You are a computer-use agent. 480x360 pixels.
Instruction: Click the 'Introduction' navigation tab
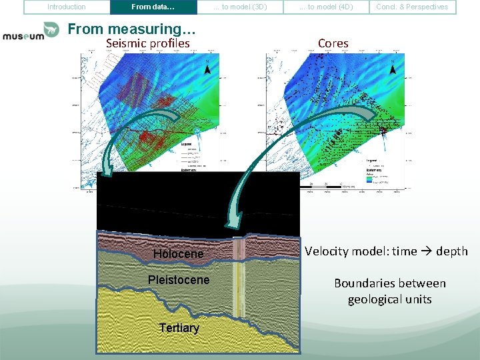point(67,7)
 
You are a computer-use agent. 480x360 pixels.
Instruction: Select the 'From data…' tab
point(153,7)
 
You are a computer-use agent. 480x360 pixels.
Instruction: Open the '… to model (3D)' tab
point(240,7)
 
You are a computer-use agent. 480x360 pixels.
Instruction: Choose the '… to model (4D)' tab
point(326,7)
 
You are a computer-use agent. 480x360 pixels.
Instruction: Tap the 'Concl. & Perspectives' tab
point(412,7)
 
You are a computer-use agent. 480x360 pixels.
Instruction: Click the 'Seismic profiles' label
point(148,43)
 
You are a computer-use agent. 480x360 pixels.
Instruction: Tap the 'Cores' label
point(333,43)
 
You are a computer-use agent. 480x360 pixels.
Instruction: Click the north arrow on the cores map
point(393,68)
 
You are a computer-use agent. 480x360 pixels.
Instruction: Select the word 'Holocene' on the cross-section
point(178,254)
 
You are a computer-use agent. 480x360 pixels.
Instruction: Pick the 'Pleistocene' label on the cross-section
point(178,280)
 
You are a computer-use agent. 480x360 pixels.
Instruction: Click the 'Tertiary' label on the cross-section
point(179,328)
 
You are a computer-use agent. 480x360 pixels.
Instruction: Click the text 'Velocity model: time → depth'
point(386,251)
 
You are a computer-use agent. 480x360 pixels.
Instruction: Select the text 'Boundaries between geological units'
point(389,291)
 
